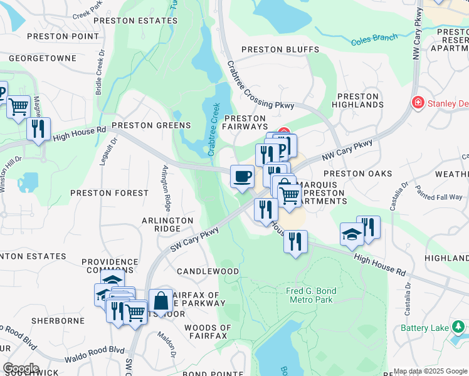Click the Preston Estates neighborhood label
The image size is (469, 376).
pyautogui.click(x=135, y=21)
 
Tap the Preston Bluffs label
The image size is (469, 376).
pyautogui.click(x=280, y=50)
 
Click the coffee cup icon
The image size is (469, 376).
pyautogui.click(x=242, y=175)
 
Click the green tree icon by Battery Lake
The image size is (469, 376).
pyautogui.click(x=459, y=326)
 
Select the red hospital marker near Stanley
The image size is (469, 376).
pyautogui.click(x=417, y=102)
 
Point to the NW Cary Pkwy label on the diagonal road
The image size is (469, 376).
pyautogui.click(x=347, y=152)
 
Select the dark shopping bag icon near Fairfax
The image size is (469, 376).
pyautogui.click(x=161, y=300)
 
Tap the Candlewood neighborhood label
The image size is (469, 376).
pyautogui.click(x=208, y=271)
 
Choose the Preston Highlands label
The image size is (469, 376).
pyautogui.click(x=358, y=101)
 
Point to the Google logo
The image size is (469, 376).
pyautogui.click(x=21, y=368)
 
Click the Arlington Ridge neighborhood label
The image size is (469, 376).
pyautogui.click(x=167, y=224)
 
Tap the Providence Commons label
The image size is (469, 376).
pyautogui.click(x=109, y=266)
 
